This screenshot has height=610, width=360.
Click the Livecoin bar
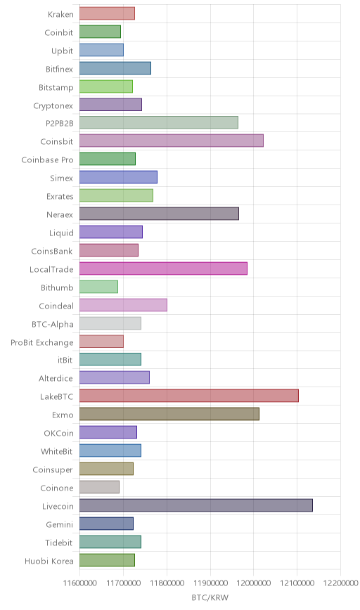tap(196, 505)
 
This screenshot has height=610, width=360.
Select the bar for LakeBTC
tap(189, 396)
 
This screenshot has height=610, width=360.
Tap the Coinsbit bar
tap(172, 141)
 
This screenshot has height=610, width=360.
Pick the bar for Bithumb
tap(99, 287)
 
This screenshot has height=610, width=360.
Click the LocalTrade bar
tap(163, 268)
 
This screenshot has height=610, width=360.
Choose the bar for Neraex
tap(159, 214)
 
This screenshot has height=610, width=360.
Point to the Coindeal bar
tap(123, 305)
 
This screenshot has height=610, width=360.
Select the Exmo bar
tap(169, 414)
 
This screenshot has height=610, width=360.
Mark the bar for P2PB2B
tap(159, 122)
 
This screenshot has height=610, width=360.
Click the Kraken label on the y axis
tap(60, 14)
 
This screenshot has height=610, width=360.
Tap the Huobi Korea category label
tap(49, 561)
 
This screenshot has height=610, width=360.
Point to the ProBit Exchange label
tap(42, 343)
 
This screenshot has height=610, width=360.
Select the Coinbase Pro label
tap(48, 160)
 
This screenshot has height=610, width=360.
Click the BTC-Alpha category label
tap(53, 325)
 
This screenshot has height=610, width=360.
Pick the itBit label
tap(65, 361)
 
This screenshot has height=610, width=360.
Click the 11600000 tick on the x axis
tap(79, 583)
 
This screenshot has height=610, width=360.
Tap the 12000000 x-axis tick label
tap(253, 583)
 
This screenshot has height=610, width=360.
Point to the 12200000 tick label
tap(340, 583)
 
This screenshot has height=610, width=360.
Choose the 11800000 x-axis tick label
tap(167, 583)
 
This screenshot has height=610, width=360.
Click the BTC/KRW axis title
tap(210, 597)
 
